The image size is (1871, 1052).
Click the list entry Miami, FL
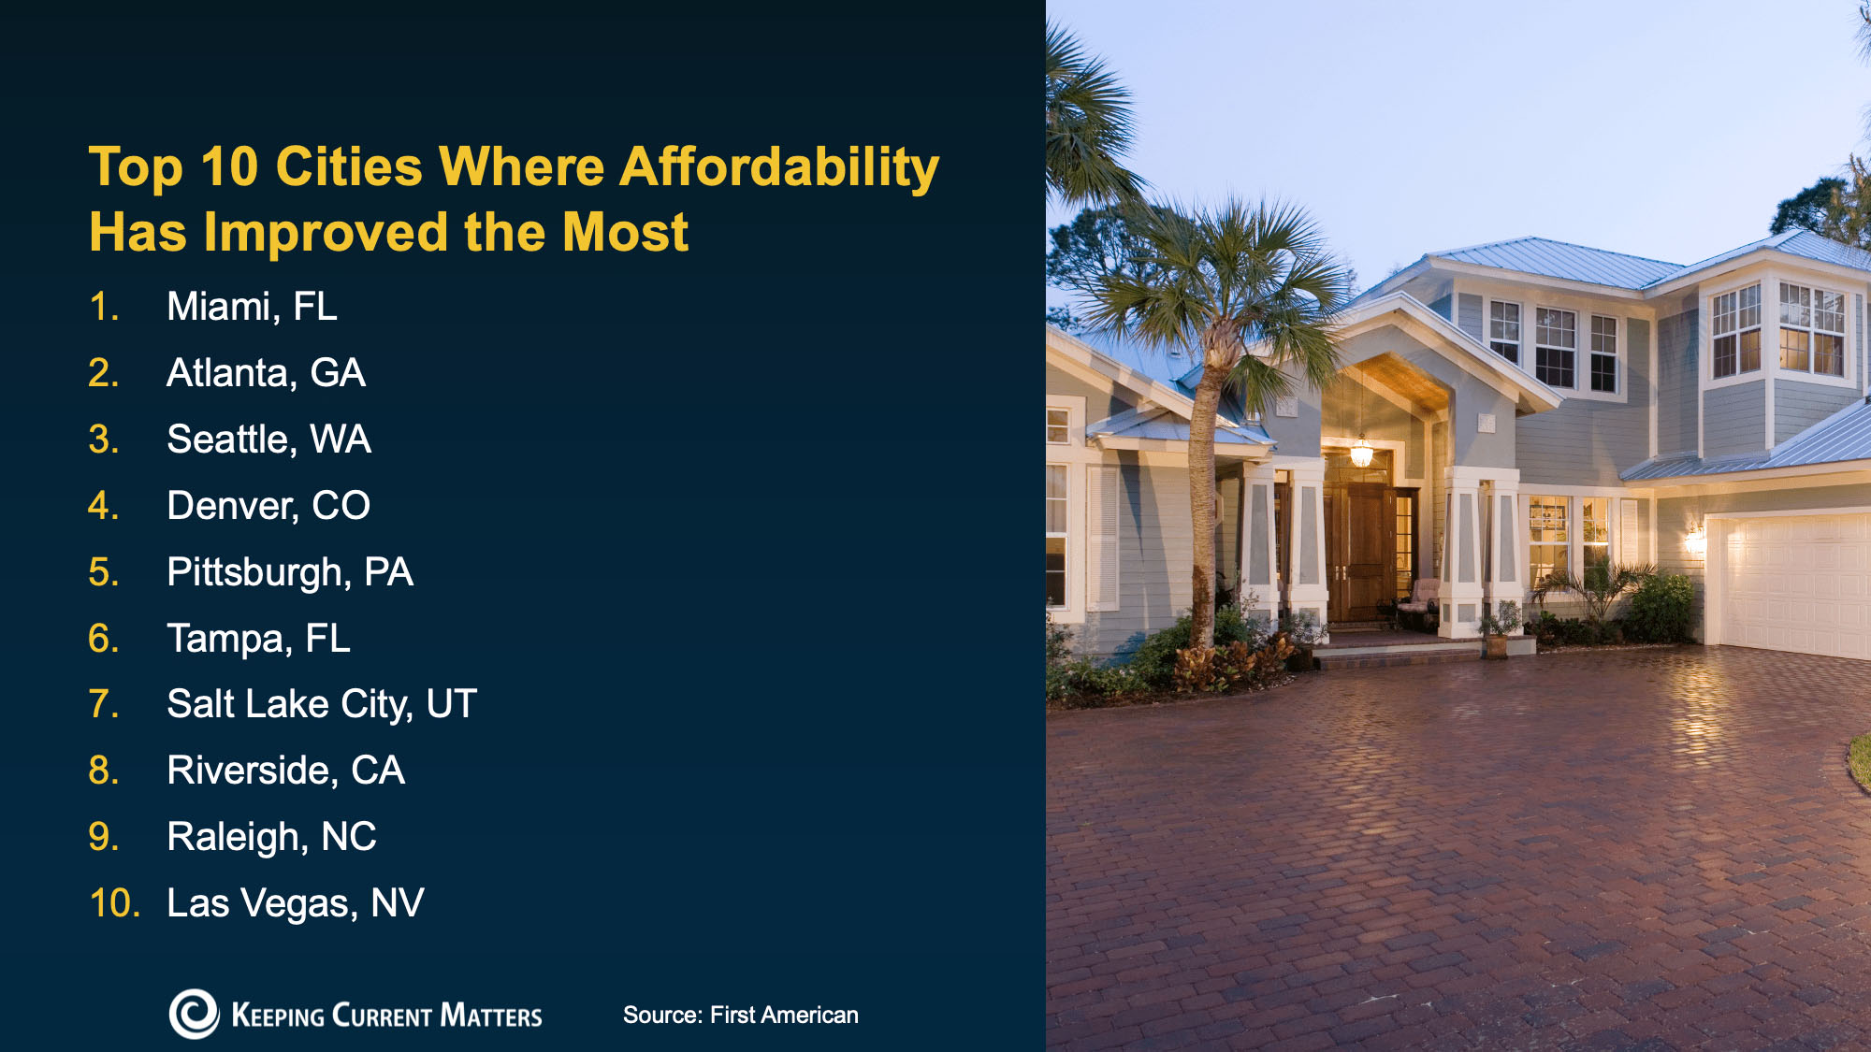coord(251,307)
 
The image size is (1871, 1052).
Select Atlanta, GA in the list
coord(266,373)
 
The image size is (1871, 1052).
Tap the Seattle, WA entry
coord(268,440)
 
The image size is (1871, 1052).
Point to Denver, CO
coord(268,506)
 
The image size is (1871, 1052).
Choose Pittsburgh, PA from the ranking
coord(289,572)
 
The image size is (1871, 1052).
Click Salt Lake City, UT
coord(321,704)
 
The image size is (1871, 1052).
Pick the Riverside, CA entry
coord(285,771)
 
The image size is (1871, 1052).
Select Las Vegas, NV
coord(295,903)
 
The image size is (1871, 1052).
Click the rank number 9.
coord(103,837)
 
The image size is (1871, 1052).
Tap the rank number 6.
coord(103,639)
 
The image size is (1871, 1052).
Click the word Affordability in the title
coord(778,167)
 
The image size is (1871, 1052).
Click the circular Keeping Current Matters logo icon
coord(194,1014)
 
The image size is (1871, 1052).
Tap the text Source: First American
coord(740,1016)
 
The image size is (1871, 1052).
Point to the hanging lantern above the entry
coord(1361,453)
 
